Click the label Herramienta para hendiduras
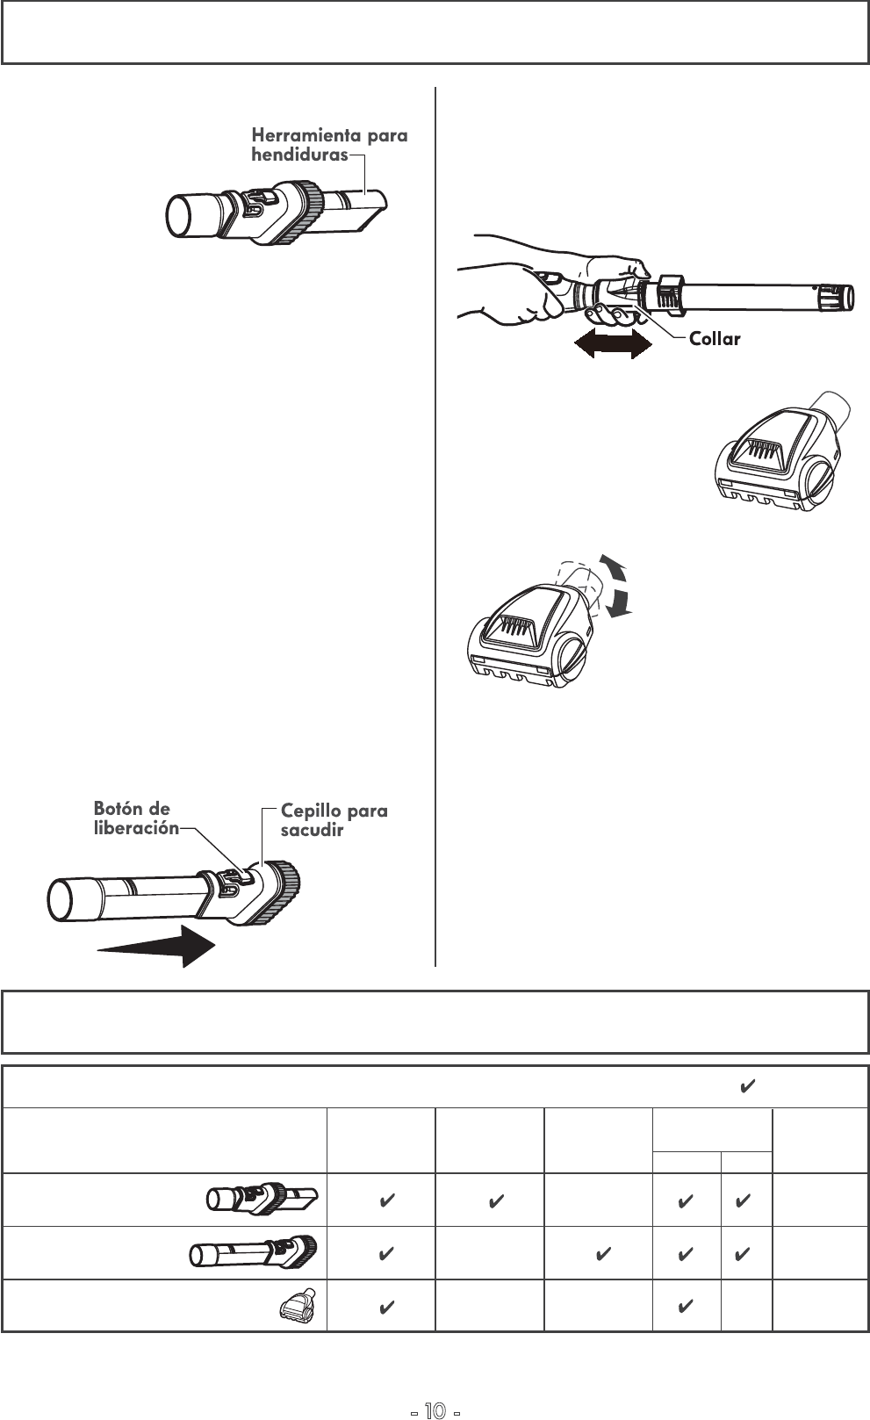click(x=329, y=145)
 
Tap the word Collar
click(x=715, y=339)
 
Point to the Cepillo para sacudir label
click(x=334, y=819)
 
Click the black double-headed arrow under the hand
click(x=612, y=345)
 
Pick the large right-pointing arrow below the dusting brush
click(x=156, y=946)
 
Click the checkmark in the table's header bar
click(x=746, y=1088)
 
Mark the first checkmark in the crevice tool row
click(x=385, y=1200)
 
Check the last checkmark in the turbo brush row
click(x=686, y=1306)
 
